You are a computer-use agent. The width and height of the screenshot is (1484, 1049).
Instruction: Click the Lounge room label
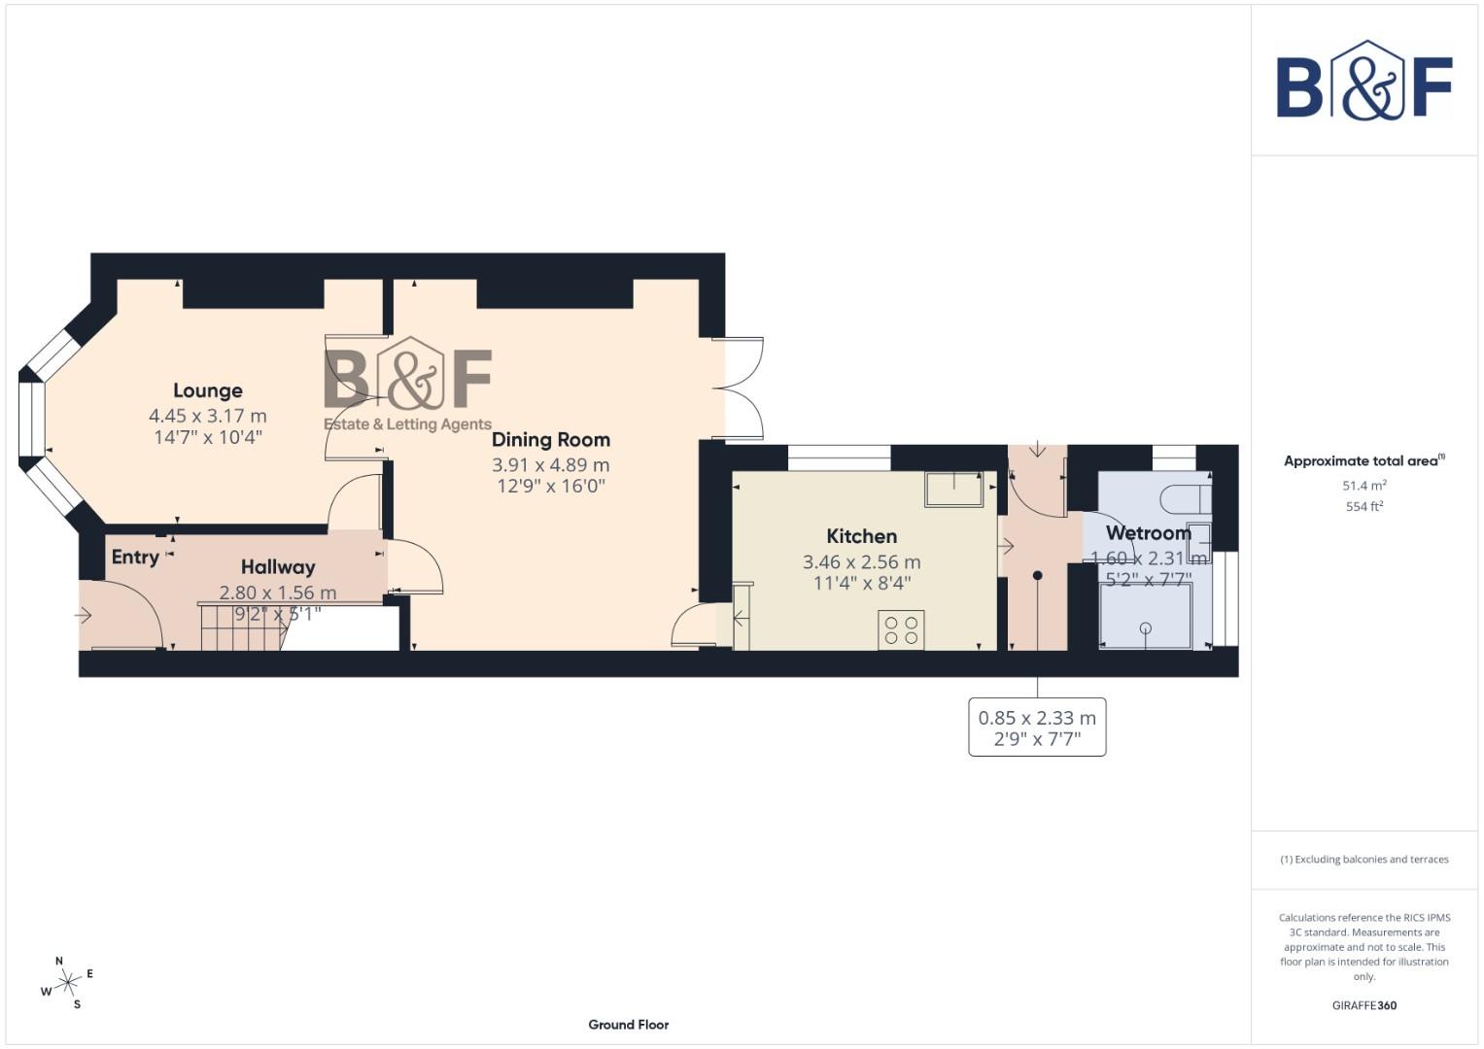tap(207, 390)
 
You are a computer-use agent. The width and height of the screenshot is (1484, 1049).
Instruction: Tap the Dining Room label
tap(550, 440)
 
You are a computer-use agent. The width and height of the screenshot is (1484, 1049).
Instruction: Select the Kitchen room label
tap(861, 536)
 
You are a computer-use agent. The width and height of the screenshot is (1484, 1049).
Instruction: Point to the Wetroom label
tap(1148, 533)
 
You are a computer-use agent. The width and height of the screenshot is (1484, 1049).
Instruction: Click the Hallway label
tap(278, 567)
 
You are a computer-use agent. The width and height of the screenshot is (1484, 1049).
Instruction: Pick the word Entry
tap(135, 557)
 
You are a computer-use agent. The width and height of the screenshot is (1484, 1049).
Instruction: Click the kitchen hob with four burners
tap(901, 629)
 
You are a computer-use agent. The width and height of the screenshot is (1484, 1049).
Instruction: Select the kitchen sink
tap(954, 489)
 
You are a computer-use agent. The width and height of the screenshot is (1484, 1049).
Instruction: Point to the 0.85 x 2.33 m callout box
tap(1037, 728)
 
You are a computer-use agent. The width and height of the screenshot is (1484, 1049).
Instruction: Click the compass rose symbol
tap(67, 985)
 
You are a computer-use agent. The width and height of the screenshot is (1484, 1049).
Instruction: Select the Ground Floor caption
tap(628, 1025)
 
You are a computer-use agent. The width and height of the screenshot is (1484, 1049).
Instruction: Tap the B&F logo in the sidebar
tap(1363, 82)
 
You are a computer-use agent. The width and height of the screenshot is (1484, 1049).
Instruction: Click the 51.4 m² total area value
tap(1363, 486)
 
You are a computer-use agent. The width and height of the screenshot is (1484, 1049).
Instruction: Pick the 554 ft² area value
tap(1363, 507)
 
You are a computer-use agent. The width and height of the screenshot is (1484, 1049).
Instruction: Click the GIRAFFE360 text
tap(1363, 1005)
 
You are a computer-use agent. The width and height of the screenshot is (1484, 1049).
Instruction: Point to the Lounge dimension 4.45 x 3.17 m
tap(207, 416)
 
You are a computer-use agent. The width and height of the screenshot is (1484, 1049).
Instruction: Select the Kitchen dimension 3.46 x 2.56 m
tap(861, 562)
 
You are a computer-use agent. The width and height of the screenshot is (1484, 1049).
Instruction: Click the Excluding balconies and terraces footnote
tap(1363, 860)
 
